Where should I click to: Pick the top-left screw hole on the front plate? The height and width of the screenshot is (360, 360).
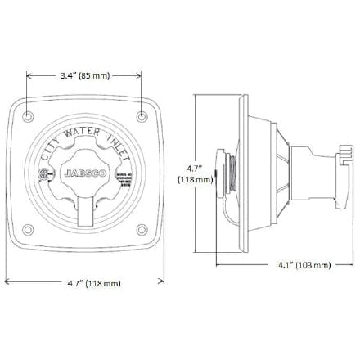[30, 111]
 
